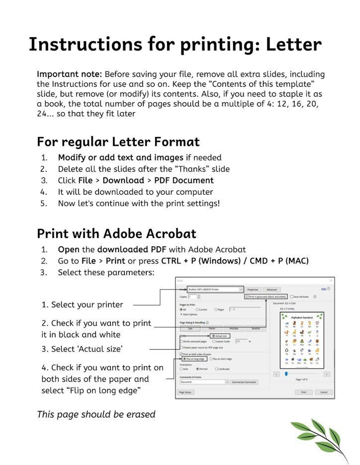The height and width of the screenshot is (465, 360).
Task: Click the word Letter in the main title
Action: point(293,45)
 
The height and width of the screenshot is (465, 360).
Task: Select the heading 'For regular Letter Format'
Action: point(118,142)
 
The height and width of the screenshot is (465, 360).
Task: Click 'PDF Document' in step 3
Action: point(183,180)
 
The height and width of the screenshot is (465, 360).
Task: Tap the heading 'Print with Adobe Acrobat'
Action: point(116,233)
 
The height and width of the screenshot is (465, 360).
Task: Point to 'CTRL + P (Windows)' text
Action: point(199,261)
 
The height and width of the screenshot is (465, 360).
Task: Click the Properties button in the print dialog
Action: point(253,290)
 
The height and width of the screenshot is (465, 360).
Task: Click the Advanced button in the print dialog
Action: point(271,290)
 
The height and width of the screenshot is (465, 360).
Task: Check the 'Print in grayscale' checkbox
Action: point(247,297)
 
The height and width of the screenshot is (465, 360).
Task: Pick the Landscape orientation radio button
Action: point(217,369)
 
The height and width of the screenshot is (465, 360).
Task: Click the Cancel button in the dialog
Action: point(324,392)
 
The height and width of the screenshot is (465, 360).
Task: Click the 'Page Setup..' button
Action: point(186,392)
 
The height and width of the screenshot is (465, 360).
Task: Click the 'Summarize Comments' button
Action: point(244,382)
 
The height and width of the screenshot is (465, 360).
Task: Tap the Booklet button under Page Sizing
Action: point(256,328)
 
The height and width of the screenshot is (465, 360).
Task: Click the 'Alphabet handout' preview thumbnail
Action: point(302,341)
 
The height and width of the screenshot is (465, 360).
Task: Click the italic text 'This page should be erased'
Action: point(96,414)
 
